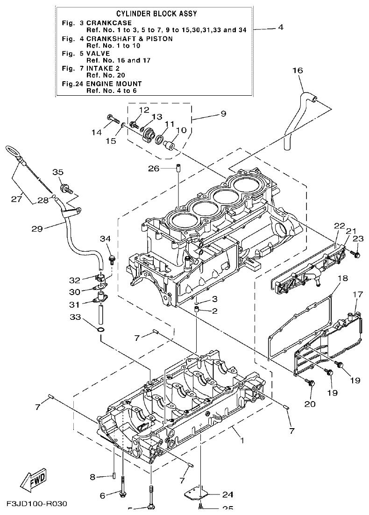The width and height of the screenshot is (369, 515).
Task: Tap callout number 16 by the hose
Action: [x=298, y=71]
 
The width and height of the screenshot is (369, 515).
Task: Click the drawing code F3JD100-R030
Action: [x=37, y=504]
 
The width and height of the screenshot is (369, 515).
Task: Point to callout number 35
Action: [x=57, y=172]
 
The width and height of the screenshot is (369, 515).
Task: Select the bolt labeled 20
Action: [x=310, y=383]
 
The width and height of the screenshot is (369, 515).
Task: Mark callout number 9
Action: [x=223, y=113]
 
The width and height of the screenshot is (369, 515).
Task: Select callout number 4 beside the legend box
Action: [x=280, y=28]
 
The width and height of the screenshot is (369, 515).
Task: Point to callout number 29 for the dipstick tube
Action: [x=37, y=229]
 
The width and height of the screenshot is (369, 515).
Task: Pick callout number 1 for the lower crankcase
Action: [x=241, y=440]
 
